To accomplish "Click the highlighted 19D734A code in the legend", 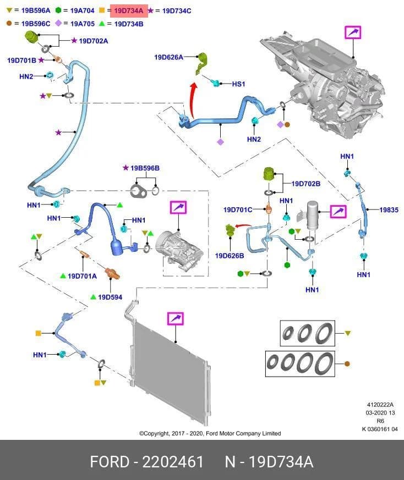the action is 129,11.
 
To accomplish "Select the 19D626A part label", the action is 168,57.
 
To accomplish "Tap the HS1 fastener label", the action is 238,84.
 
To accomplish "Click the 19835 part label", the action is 389,209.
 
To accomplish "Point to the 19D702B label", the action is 305,184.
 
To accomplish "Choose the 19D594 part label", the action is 110,297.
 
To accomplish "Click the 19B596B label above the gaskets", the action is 145,168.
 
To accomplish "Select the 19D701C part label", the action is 238,209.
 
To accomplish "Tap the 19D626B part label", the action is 230,256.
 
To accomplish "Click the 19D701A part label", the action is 82,276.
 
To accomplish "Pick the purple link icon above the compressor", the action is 178,207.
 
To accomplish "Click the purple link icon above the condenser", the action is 176,318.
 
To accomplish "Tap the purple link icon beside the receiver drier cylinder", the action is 338,211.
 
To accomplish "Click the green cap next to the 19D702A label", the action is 31,37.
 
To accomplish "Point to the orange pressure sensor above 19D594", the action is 112,273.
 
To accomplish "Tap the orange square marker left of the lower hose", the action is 39,333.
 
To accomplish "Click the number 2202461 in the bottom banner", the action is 173,462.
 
